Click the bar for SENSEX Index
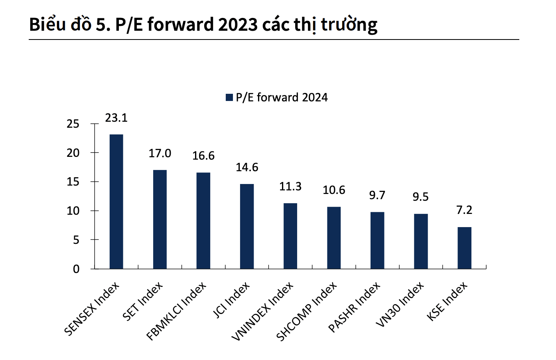tap(116, 202)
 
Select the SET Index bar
tap(160, 219)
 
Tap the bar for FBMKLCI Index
tap(203, 220)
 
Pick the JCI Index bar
tap(246, 226)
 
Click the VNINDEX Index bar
tap(290, 236)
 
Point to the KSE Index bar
tap(464, 248)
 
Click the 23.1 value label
tap(116, 118)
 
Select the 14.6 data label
tap(247, 167)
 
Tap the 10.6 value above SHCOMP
tap(334, 190)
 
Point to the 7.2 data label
tap(464, 210)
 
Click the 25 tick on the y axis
tap(73, 124)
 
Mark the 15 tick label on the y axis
tap(73, 182)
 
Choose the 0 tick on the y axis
tap(76, 269)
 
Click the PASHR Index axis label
tap(354, 308)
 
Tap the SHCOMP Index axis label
tap(306, 312)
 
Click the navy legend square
tap(229, 97)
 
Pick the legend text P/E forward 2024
tap(282, 97)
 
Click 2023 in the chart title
tap(238, 25)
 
